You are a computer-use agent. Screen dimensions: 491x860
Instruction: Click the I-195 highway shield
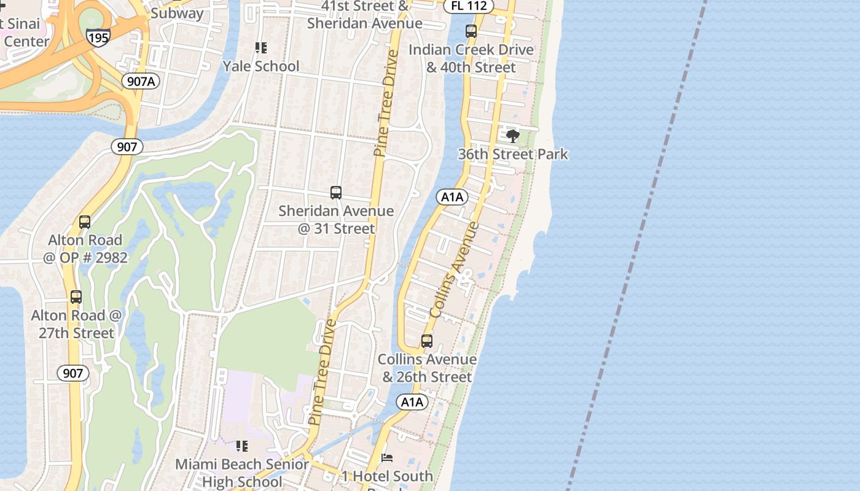(98, 38)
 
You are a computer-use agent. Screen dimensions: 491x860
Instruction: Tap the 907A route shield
(141, 80)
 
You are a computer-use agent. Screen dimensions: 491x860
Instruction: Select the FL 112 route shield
(469, 6)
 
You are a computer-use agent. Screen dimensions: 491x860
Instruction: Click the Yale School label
(261, 66)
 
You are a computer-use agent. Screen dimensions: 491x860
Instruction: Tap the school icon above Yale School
(261, 48)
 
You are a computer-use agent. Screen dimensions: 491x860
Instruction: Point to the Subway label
(177, 13)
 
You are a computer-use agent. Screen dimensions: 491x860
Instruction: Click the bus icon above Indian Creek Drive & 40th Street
(471, 31)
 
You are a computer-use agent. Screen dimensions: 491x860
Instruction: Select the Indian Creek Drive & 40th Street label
(471, 58)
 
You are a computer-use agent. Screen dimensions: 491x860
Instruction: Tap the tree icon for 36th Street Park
(513, 136)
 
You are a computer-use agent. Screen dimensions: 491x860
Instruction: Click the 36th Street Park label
(513, 153)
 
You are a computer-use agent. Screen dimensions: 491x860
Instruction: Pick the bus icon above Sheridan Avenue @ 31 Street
(336, 193)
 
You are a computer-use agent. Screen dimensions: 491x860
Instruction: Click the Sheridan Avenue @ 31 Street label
(336, 220)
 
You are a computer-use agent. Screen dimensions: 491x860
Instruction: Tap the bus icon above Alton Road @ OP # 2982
(85, 222)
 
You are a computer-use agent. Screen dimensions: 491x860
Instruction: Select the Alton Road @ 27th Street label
(77, 324)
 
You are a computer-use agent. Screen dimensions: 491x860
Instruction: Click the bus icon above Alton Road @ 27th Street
(76, 297)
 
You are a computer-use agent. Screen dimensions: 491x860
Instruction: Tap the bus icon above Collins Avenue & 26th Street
(427, 341)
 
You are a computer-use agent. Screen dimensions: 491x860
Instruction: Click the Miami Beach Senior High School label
(242, 473)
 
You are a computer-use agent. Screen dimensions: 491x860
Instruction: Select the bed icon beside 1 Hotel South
(387, 458)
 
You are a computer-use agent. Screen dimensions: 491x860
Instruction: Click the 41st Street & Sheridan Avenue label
(365, 15)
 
